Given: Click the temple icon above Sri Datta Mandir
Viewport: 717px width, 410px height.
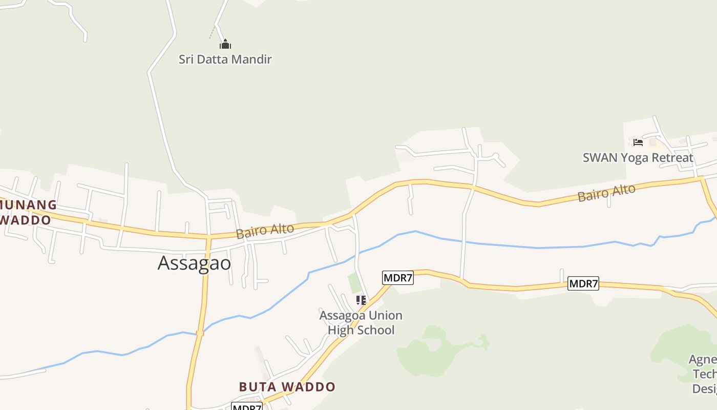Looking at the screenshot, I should (x=225, y=45).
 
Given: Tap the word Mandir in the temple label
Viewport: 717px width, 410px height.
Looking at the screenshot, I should (x=251, y=59).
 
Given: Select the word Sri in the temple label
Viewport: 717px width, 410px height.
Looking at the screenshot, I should (x=186, y=59).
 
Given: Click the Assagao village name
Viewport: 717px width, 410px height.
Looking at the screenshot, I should (x=194, y=263).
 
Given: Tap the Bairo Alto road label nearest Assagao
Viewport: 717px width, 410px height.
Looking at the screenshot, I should (x=265, y=231).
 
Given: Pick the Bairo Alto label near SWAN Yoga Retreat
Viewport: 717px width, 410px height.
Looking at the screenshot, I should (x=606, y=193).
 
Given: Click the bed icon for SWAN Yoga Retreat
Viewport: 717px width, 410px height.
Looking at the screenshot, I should (x=638, y=142).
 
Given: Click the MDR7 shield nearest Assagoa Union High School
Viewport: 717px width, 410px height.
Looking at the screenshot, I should (x=398, y=278).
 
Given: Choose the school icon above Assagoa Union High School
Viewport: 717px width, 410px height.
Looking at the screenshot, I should (x=361, y=300).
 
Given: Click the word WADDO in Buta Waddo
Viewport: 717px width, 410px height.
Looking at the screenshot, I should (x=310, y=387).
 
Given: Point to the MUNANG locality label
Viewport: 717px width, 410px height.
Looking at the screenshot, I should (x=28, y=205).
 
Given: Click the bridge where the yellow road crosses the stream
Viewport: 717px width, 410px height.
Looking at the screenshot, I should (x=200, y=333).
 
